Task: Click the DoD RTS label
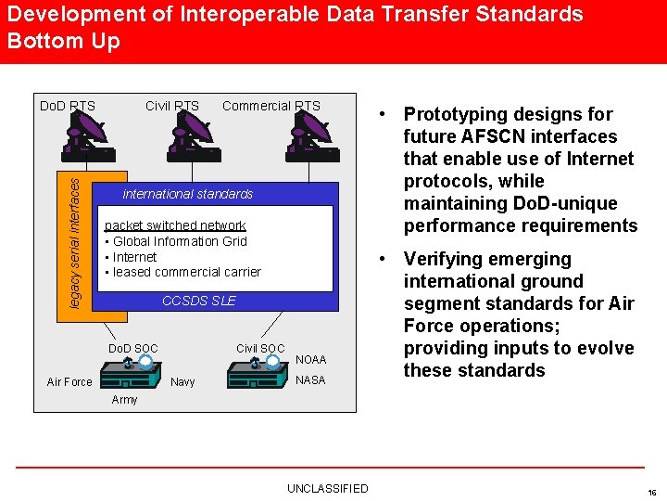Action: pyautogui.click(x=67, y=106)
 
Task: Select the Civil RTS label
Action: pyautogui.click(x=171, y=106)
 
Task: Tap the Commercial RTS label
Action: pyautogui.click(x=271, y=106)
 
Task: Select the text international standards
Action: pyautogui.click(x=187, y=194)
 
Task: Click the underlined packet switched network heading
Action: pyautogui.click(x=175, y=225)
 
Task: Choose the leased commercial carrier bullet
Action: pyautogui.click(x=185, y=272)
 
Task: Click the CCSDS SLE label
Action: pyautogui.click(x=198, y=301)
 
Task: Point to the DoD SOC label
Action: pyautogui.click(x=133, y=349)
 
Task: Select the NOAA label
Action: pyautogui.click(x=310, y=360)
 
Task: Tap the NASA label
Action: pyautogui.click(x=310, y=380)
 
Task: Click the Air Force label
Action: pyautogui.click(x=69, y=382)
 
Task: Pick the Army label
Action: pyautogui.click(x=124, y=400)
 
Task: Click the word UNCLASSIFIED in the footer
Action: pyautogui.click(x=327, y=489)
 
